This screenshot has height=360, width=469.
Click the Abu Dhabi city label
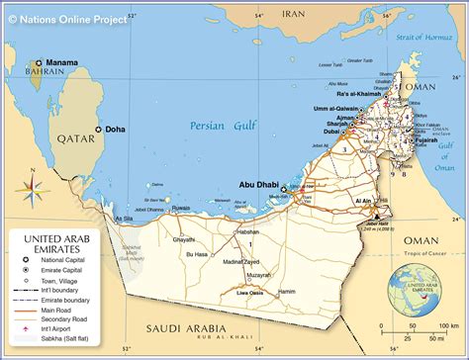257,183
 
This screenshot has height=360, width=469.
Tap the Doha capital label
116,130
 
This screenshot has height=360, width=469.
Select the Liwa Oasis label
256,293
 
